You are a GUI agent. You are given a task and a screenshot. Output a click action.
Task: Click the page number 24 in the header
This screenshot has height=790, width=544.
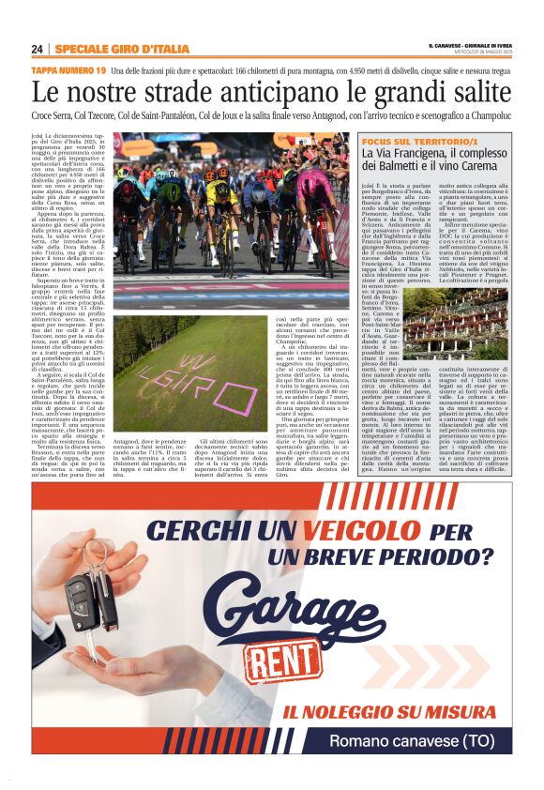[x=38, y=49]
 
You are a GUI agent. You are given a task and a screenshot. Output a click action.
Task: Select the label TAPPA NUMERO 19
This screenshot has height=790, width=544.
[x=68, y=71]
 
